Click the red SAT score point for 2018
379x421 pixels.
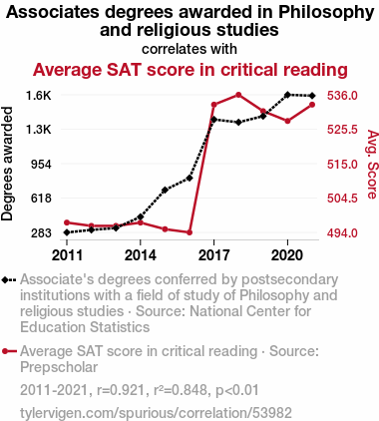tap(238, 95)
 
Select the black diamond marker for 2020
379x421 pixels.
tap(287, 95)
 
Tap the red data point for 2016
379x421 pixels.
tap(189, 232)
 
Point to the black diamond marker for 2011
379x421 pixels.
tap(67, 232)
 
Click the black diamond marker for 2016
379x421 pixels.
tap(189, 178)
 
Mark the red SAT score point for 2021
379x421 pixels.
tap(312, 105)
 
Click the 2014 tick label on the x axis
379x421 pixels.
tap(141, 255)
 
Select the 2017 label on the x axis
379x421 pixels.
tap(213, 255)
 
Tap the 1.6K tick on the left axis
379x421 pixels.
tap(39, 96)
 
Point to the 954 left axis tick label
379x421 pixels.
tap(42, 165)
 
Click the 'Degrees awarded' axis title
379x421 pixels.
tap(7, 164)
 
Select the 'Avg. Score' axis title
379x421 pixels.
tap(372, 165)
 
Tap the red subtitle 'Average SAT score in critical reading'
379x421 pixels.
tap(190, 70)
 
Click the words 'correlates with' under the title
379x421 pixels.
tap(189, 49)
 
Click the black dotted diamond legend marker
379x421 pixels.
tap(9, 280)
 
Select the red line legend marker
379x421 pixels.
tap(9, 351)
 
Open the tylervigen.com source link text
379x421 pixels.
tap(156, 413)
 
